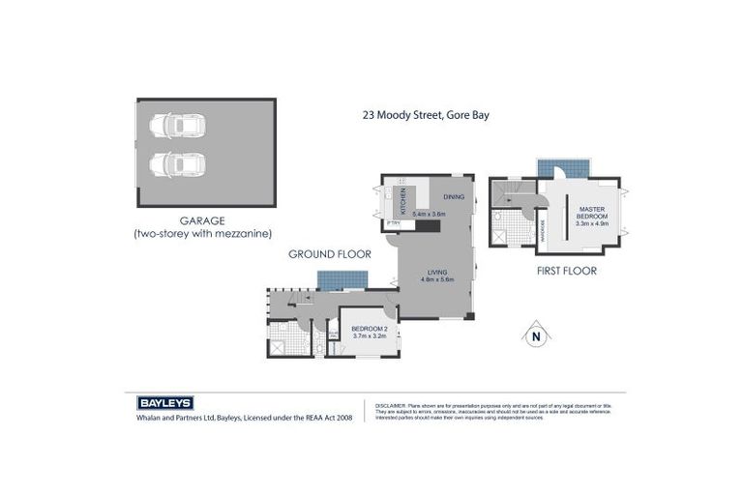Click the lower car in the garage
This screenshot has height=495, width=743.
(x=176, y=165)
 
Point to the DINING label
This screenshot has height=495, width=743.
(x=454, y=197)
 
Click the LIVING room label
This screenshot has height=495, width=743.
(x=437, y=273)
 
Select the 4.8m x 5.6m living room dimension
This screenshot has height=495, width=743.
(x=437, y=280)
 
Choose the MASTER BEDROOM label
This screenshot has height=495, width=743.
(x=591, y=213)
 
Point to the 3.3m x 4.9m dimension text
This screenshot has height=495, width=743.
(x=591, y=223)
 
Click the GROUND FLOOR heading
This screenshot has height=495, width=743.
(x=330, y=254)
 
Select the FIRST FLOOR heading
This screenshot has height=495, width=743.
(x=566, y=271)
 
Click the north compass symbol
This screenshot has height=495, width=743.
(x=534, y=335)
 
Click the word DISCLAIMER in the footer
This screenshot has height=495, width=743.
(x=389, y=404)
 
